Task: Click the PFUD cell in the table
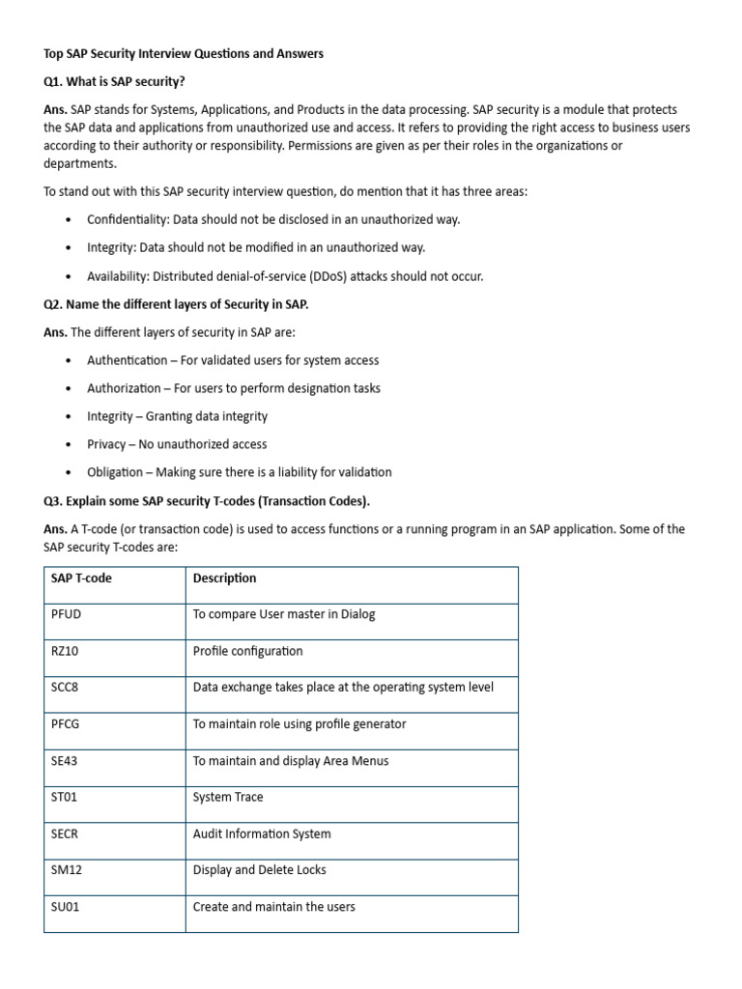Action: [x=65, y=614]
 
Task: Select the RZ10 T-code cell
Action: [x=65, y=651]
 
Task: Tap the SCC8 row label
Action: [x=65, y=688]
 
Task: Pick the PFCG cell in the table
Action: [x=66, y=724]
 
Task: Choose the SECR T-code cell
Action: [x=65, y=834]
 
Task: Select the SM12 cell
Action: [x=65, y=870]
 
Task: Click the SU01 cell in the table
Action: [x=65, y=907]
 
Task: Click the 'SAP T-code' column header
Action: [x=81, y=579]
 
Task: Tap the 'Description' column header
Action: [x=224, y=579]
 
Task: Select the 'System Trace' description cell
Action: [x=228, y=798]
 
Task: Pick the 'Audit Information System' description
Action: [x=262, y=834]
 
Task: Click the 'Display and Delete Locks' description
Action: [x=259, y=870]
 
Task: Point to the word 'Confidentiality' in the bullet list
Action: [x=127, y=220]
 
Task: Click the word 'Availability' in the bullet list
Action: [x=118, y=276]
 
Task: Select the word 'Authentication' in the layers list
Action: [x=127, y=360]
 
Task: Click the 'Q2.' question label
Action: [x=55, y=304]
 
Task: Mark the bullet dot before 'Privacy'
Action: [x=68, y=445]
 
